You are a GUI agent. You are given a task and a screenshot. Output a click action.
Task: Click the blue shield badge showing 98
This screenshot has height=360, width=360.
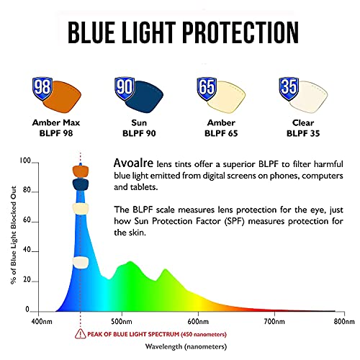[x=42, y=88]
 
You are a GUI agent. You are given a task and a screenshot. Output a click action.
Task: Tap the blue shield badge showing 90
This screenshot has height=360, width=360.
[x=125, y=88]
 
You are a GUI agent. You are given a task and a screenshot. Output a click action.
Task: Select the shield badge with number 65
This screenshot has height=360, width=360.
[x=207, y=88]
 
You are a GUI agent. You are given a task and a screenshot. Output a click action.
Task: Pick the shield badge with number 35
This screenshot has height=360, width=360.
[x=289, y=88]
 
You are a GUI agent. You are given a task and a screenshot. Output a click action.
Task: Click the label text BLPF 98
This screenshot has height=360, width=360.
[x=56, y=133]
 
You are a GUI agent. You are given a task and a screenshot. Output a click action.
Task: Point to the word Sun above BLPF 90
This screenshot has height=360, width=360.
[x=139, y=122]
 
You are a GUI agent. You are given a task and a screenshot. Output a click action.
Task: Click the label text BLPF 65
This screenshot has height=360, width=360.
[x=221, y=133]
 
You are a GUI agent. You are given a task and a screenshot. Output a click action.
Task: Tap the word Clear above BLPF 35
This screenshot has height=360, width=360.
[x=303, y=122]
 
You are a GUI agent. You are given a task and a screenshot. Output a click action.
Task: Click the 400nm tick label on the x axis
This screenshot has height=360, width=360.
[x=42, y=321]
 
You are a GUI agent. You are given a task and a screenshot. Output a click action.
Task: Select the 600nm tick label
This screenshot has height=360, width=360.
[x=198, y=321]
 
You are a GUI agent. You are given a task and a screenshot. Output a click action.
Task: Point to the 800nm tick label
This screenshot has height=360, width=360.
[x=344, y=321]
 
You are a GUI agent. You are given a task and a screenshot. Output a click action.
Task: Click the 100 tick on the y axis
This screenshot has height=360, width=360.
[x=25, y=161]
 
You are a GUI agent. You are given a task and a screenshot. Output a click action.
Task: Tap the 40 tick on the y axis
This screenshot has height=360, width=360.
[x=27, y=250]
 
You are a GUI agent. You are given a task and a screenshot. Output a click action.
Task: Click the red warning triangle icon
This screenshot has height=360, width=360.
[x=80, y=334]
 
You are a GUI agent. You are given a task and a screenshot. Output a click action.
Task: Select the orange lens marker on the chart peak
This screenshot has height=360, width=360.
[x=81, y=171]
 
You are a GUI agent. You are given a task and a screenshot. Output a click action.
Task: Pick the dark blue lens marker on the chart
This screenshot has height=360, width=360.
[x=81, y=184]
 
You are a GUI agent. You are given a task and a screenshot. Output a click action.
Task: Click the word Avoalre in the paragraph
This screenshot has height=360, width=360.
[x=133, y=163]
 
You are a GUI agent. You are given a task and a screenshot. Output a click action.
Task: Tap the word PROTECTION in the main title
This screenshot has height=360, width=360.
[x=241, y=32]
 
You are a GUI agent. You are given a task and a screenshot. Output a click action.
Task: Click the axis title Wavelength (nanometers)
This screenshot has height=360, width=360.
[x=186, y=346]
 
